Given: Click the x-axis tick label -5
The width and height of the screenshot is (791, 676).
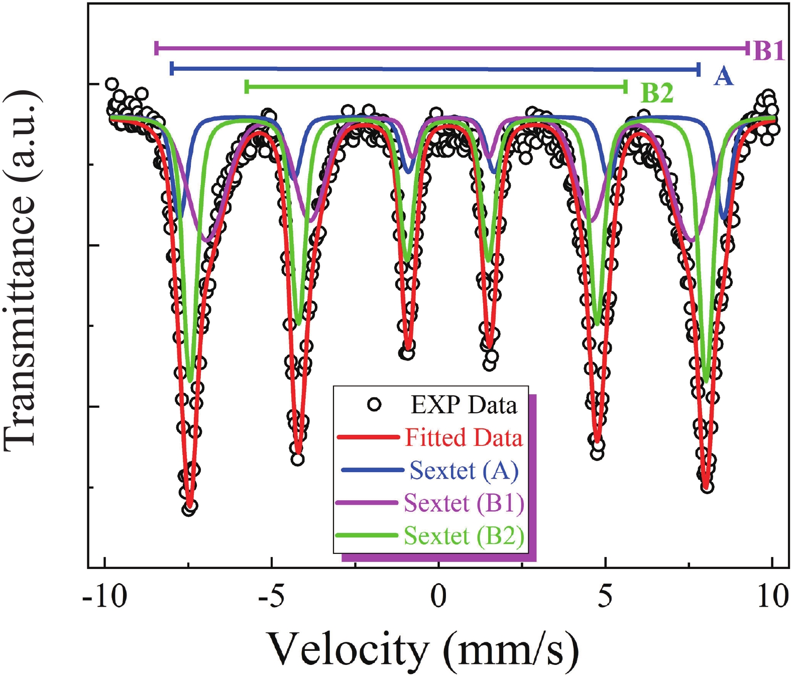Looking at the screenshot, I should tap(272, 597).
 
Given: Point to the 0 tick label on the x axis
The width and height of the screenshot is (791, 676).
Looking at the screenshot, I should tap(438, 597).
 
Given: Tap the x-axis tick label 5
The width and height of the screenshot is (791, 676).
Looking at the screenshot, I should tap(605, 597).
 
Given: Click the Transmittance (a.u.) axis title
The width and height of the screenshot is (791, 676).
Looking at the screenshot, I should tap(21, 271).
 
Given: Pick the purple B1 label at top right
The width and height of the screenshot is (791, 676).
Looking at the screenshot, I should tap(769, 50).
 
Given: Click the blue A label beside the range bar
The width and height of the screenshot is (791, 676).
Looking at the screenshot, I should tap(723, 76).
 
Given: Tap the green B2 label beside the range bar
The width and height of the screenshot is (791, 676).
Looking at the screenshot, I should tap(657, 93).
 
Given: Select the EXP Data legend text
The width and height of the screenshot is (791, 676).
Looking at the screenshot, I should tap(464, 405).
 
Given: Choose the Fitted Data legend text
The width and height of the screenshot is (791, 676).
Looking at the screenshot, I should tap(464, 437).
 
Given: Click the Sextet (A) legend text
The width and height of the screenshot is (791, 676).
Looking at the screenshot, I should tap(464, 471).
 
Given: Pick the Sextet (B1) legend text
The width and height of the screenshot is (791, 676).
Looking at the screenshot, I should tap(464, 503).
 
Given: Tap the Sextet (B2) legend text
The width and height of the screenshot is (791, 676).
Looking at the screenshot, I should tap(464, 536).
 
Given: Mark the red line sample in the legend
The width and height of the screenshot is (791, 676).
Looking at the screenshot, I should tap(368, 437).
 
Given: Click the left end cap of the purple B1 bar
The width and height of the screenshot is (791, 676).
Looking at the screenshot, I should tap(157, 48).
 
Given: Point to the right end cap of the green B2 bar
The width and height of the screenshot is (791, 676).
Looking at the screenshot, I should tap(625, 87).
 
